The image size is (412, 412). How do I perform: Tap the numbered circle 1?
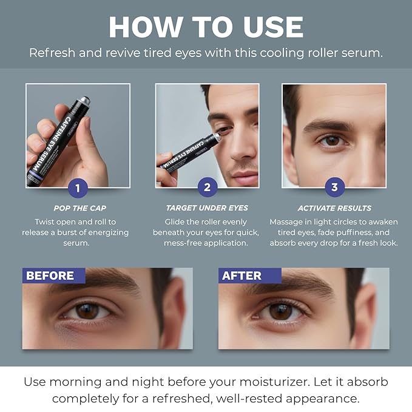pos(77,187)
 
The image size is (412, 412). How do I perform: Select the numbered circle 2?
pos(206,187)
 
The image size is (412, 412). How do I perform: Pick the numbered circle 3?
pos(334,187)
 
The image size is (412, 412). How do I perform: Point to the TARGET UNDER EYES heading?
pos(206,208)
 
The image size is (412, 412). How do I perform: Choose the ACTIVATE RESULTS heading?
pos(334,208)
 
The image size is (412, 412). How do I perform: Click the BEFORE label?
pos(51,275)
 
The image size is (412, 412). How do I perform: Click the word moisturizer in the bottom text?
pos(321,383)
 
